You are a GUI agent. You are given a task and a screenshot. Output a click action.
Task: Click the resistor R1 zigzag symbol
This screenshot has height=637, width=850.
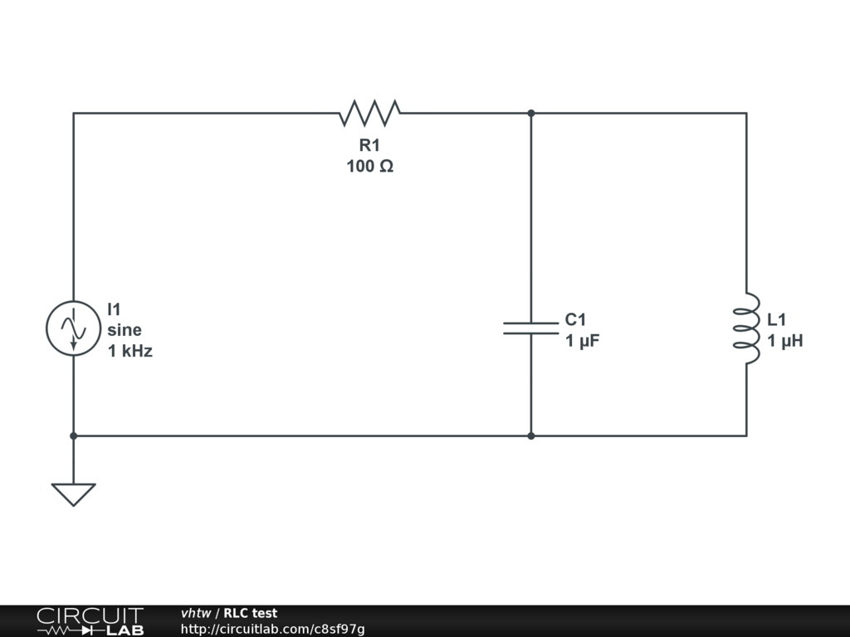tap(369, 113)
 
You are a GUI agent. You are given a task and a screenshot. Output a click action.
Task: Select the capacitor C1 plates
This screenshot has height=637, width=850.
tap(530, 328)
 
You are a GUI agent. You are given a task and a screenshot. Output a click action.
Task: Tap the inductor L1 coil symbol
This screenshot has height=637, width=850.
tap(746, 328)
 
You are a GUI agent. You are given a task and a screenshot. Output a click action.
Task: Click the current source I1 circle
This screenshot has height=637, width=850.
tap(73, 328)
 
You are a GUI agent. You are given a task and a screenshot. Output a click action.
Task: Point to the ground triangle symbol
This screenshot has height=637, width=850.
tap(73, 494)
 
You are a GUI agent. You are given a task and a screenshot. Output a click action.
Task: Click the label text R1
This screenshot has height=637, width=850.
tap(369, 145)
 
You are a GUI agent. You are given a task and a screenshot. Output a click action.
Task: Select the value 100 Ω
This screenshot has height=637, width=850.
tap(369, 166)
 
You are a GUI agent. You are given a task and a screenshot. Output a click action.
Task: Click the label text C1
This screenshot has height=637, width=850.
tap(576, 319)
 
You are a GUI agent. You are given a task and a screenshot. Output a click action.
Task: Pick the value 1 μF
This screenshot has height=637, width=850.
tap(582, 340)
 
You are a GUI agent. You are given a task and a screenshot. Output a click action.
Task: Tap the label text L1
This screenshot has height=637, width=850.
tap(777, 319)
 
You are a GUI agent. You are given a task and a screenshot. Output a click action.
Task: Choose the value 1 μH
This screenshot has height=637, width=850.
tap(784, 340)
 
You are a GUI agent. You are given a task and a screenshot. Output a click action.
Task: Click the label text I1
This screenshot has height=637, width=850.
tap(114, 309)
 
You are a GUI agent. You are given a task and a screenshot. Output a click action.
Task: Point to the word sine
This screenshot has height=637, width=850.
tap(125, 329)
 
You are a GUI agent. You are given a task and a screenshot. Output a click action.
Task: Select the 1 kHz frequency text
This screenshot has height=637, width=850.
tap(130, 351)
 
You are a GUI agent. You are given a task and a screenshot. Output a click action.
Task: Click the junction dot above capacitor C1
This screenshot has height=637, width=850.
tap(530, 113)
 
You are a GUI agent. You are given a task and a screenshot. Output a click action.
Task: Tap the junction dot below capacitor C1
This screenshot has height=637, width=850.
tap(530, 435)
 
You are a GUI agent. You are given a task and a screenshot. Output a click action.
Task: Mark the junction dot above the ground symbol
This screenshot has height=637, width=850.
tap(73, 435)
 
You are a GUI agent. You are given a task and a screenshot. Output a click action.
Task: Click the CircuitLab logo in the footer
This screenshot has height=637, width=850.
tap(90, 620)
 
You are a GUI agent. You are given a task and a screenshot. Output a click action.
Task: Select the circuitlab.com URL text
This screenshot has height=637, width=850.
tap(272, 629)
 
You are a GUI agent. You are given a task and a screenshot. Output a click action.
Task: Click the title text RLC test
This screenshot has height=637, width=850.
tap(250, 613)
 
